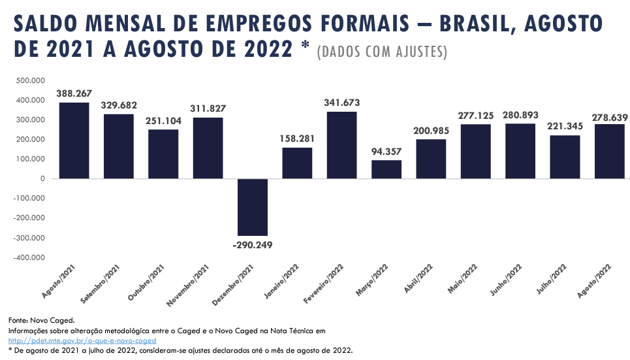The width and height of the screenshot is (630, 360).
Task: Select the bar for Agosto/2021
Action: point(74,140)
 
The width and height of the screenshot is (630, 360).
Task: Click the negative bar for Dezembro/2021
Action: point(252,207)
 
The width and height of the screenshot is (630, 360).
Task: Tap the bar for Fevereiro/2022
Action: point(341,145)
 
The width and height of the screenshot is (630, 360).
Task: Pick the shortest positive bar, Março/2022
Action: point(386,169)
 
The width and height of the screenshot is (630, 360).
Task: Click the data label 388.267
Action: point(74,93)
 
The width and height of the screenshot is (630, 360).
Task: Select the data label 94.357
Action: point(386,151)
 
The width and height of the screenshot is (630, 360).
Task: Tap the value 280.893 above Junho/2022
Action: point(520,115)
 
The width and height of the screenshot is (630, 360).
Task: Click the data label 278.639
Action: point(610,118)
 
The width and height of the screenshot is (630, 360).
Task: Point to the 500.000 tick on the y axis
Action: point(30,80)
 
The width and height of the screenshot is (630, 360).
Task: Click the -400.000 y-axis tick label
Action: point(29,257)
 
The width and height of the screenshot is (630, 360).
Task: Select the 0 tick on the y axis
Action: point(42,178)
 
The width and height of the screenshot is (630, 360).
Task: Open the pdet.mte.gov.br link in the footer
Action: point(82,341)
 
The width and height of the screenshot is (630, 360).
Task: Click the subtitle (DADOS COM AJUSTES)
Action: point(381,52)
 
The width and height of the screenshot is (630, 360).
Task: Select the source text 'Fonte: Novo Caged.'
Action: point(42,320)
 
